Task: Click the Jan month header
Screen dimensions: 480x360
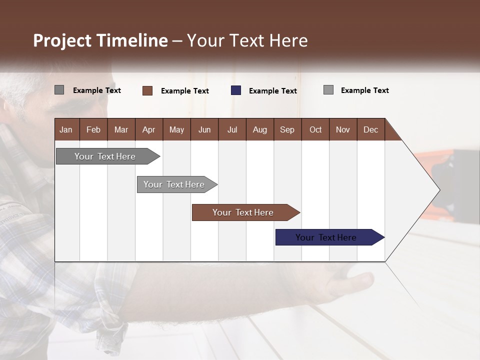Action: pos(66,130)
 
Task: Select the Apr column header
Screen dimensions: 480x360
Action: pos(149,130)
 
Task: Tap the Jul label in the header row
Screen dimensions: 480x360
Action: pos(232,130)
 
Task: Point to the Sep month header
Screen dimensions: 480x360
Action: pos(287,130)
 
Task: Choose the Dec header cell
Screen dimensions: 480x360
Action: pos(370,130)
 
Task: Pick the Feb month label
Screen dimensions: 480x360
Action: pos(93,130)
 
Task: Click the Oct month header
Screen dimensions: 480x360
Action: pos(315,130)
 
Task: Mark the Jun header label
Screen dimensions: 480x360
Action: pos(204,130)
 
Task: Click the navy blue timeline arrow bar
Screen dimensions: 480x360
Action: pos(330,237)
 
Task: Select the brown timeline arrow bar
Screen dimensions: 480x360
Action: pos(246,212)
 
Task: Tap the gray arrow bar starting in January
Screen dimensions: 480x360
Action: pos(108,156)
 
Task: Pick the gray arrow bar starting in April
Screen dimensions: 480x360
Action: pos(177,184)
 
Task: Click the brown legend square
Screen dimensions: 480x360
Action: pos(147,90)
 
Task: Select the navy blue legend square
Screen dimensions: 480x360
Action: pos(236,90)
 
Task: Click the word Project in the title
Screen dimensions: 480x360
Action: pos(62,40)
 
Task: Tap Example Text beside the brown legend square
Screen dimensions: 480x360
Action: pos(185,91)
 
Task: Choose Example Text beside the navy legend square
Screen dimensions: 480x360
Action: pos(273,91)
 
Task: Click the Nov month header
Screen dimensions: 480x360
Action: pos(343,130)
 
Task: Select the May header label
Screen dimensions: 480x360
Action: pos(176,130)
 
